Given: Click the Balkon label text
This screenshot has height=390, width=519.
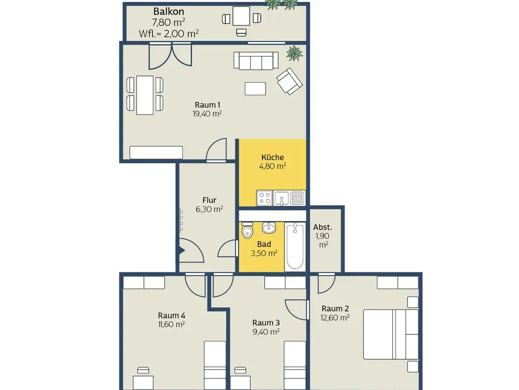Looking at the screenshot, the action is point(169,11).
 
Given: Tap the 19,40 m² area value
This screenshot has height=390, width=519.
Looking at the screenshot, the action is point(207,114).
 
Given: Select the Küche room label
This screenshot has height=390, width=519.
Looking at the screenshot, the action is point(272,157).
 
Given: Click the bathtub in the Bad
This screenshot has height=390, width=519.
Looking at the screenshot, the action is point(295,246).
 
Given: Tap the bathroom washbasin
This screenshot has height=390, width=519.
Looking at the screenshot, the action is point(269,228).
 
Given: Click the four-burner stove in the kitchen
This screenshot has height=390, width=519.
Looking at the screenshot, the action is point(265,198).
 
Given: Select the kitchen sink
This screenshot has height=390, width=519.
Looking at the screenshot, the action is point(281,198).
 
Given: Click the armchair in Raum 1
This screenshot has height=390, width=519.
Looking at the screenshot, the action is point(290,81).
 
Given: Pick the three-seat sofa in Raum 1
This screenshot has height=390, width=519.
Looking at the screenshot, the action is point(256,61).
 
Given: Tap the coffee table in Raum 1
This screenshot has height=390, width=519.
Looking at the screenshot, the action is point(255,88).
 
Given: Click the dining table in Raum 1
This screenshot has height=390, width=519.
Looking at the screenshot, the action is point(145,95).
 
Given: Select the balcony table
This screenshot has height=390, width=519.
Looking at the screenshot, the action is point(241,16).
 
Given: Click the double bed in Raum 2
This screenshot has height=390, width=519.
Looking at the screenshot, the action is point(391,334).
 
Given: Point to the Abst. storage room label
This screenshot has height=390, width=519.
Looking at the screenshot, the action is point(322,227).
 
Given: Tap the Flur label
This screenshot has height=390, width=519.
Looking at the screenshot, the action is point(209,200).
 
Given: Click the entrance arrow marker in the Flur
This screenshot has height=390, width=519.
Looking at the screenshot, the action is point(182,251).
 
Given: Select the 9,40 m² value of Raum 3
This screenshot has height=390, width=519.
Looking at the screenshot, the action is point(266,332).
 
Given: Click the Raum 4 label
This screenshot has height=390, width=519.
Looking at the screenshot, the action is point(171,316).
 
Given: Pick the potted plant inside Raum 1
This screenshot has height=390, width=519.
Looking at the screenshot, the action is point(294,53).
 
